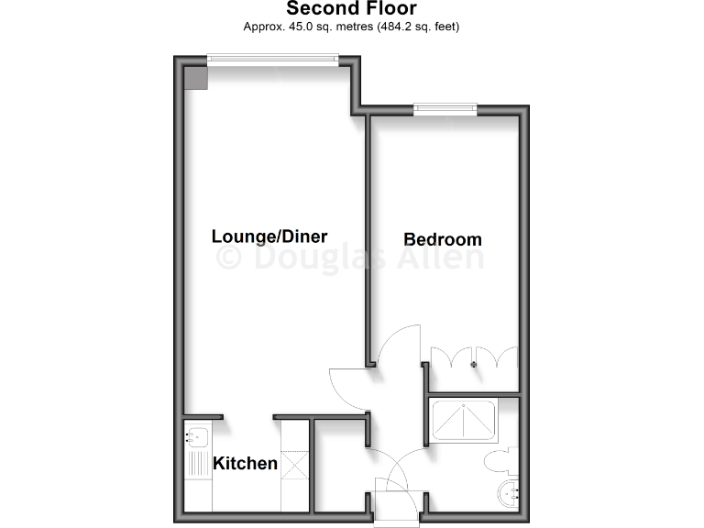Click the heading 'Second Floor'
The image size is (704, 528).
(352, 9)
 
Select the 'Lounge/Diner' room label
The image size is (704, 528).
(269, 236)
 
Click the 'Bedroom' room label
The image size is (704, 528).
(443, 239)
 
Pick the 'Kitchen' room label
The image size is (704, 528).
(245, 463)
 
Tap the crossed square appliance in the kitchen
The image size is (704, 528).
(294, 463)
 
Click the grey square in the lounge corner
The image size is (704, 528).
(198, 76)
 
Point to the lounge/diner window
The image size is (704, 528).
(272, 60)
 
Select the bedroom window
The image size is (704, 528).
(445, 109)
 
